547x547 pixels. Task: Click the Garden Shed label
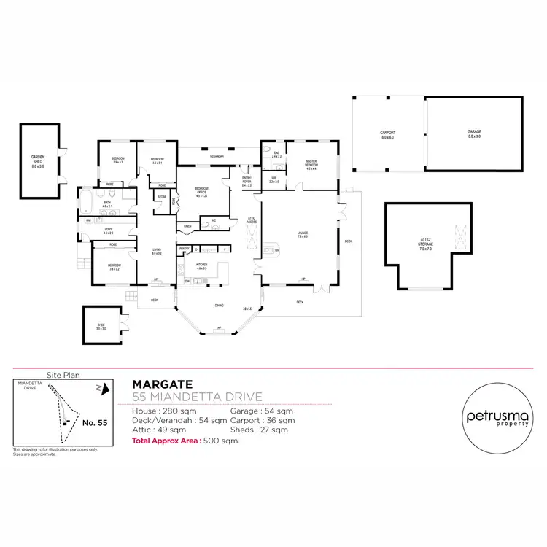click(37, 162)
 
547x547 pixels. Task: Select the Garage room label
click(474, 134)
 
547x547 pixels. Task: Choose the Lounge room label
click(302, 235)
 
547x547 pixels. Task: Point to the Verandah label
click(217, 157)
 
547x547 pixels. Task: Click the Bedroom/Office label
click(201, 193)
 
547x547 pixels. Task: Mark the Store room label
click(161, 196)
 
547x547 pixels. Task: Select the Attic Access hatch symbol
click(254, 235)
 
